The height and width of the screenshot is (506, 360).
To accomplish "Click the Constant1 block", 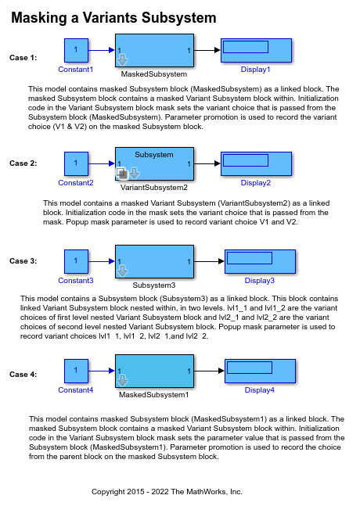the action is [x=76, y=50].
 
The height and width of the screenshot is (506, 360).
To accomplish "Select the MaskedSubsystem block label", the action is [x=154, y=74].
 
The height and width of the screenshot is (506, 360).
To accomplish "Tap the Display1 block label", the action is [x=255, y=70].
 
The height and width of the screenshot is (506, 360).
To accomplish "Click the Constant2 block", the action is [x=76, y=163].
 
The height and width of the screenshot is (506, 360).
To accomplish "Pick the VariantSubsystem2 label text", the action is [x=154, y=188].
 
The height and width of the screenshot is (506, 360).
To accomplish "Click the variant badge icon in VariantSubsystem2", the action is [x=122, y=174].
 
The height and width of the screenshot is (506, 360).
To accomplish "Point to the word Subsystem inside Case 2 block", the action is [x=154, y=155].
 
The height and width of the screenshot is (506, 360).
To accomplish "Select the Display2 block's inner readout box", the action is [x=246, y=160].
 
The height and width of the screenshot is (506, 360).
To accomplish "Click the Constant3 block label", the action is [x=76, y=281].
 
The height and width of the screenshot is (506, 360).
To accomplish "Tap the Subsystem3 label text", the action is [x=154, y=285].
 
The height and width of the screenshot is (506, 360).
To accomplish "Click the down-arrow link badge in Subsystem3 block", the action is [x=122, y=271].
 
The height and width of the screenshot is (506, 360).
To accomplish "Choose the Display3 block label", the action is [x=259, y=281].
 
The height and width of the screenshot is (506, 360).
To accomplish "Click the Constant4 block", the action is [x=76, y=371].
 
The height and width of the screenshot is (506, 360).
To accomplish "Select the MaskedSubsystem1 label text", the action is [x=153, y=395].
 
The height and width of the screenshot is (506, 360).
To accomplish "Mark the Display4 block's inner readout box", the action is [x=250, y=368].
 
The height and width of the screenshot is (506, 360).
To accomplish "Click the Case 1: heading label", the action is [x=23, y=58].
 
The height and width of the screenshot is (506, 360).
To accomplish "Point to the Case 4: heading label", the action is [x=23, y=375].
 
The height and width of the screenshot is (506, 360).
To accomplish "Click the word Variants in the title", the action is [x=110, y=17].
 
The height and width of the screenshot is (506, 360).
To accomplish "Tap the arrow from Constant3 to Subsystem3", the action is [x=102, y=261].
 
